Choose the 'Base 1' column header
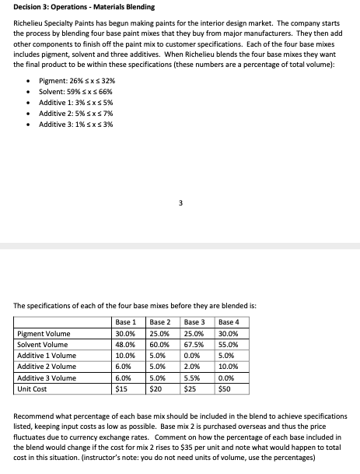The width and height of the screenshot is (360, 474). click(126, 321)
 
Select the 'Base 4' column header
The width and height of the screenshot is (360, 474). click(230, 321)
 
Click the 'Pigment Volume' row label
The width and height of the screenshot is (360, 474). click(43, 333)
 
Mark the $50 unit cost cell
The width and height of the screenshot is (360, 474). click(226, 388)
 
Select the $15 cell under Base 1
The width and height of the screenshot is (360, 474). click(121, 388)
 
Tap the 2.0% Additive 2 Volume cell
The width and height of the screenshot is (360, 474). click(192, 366)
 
